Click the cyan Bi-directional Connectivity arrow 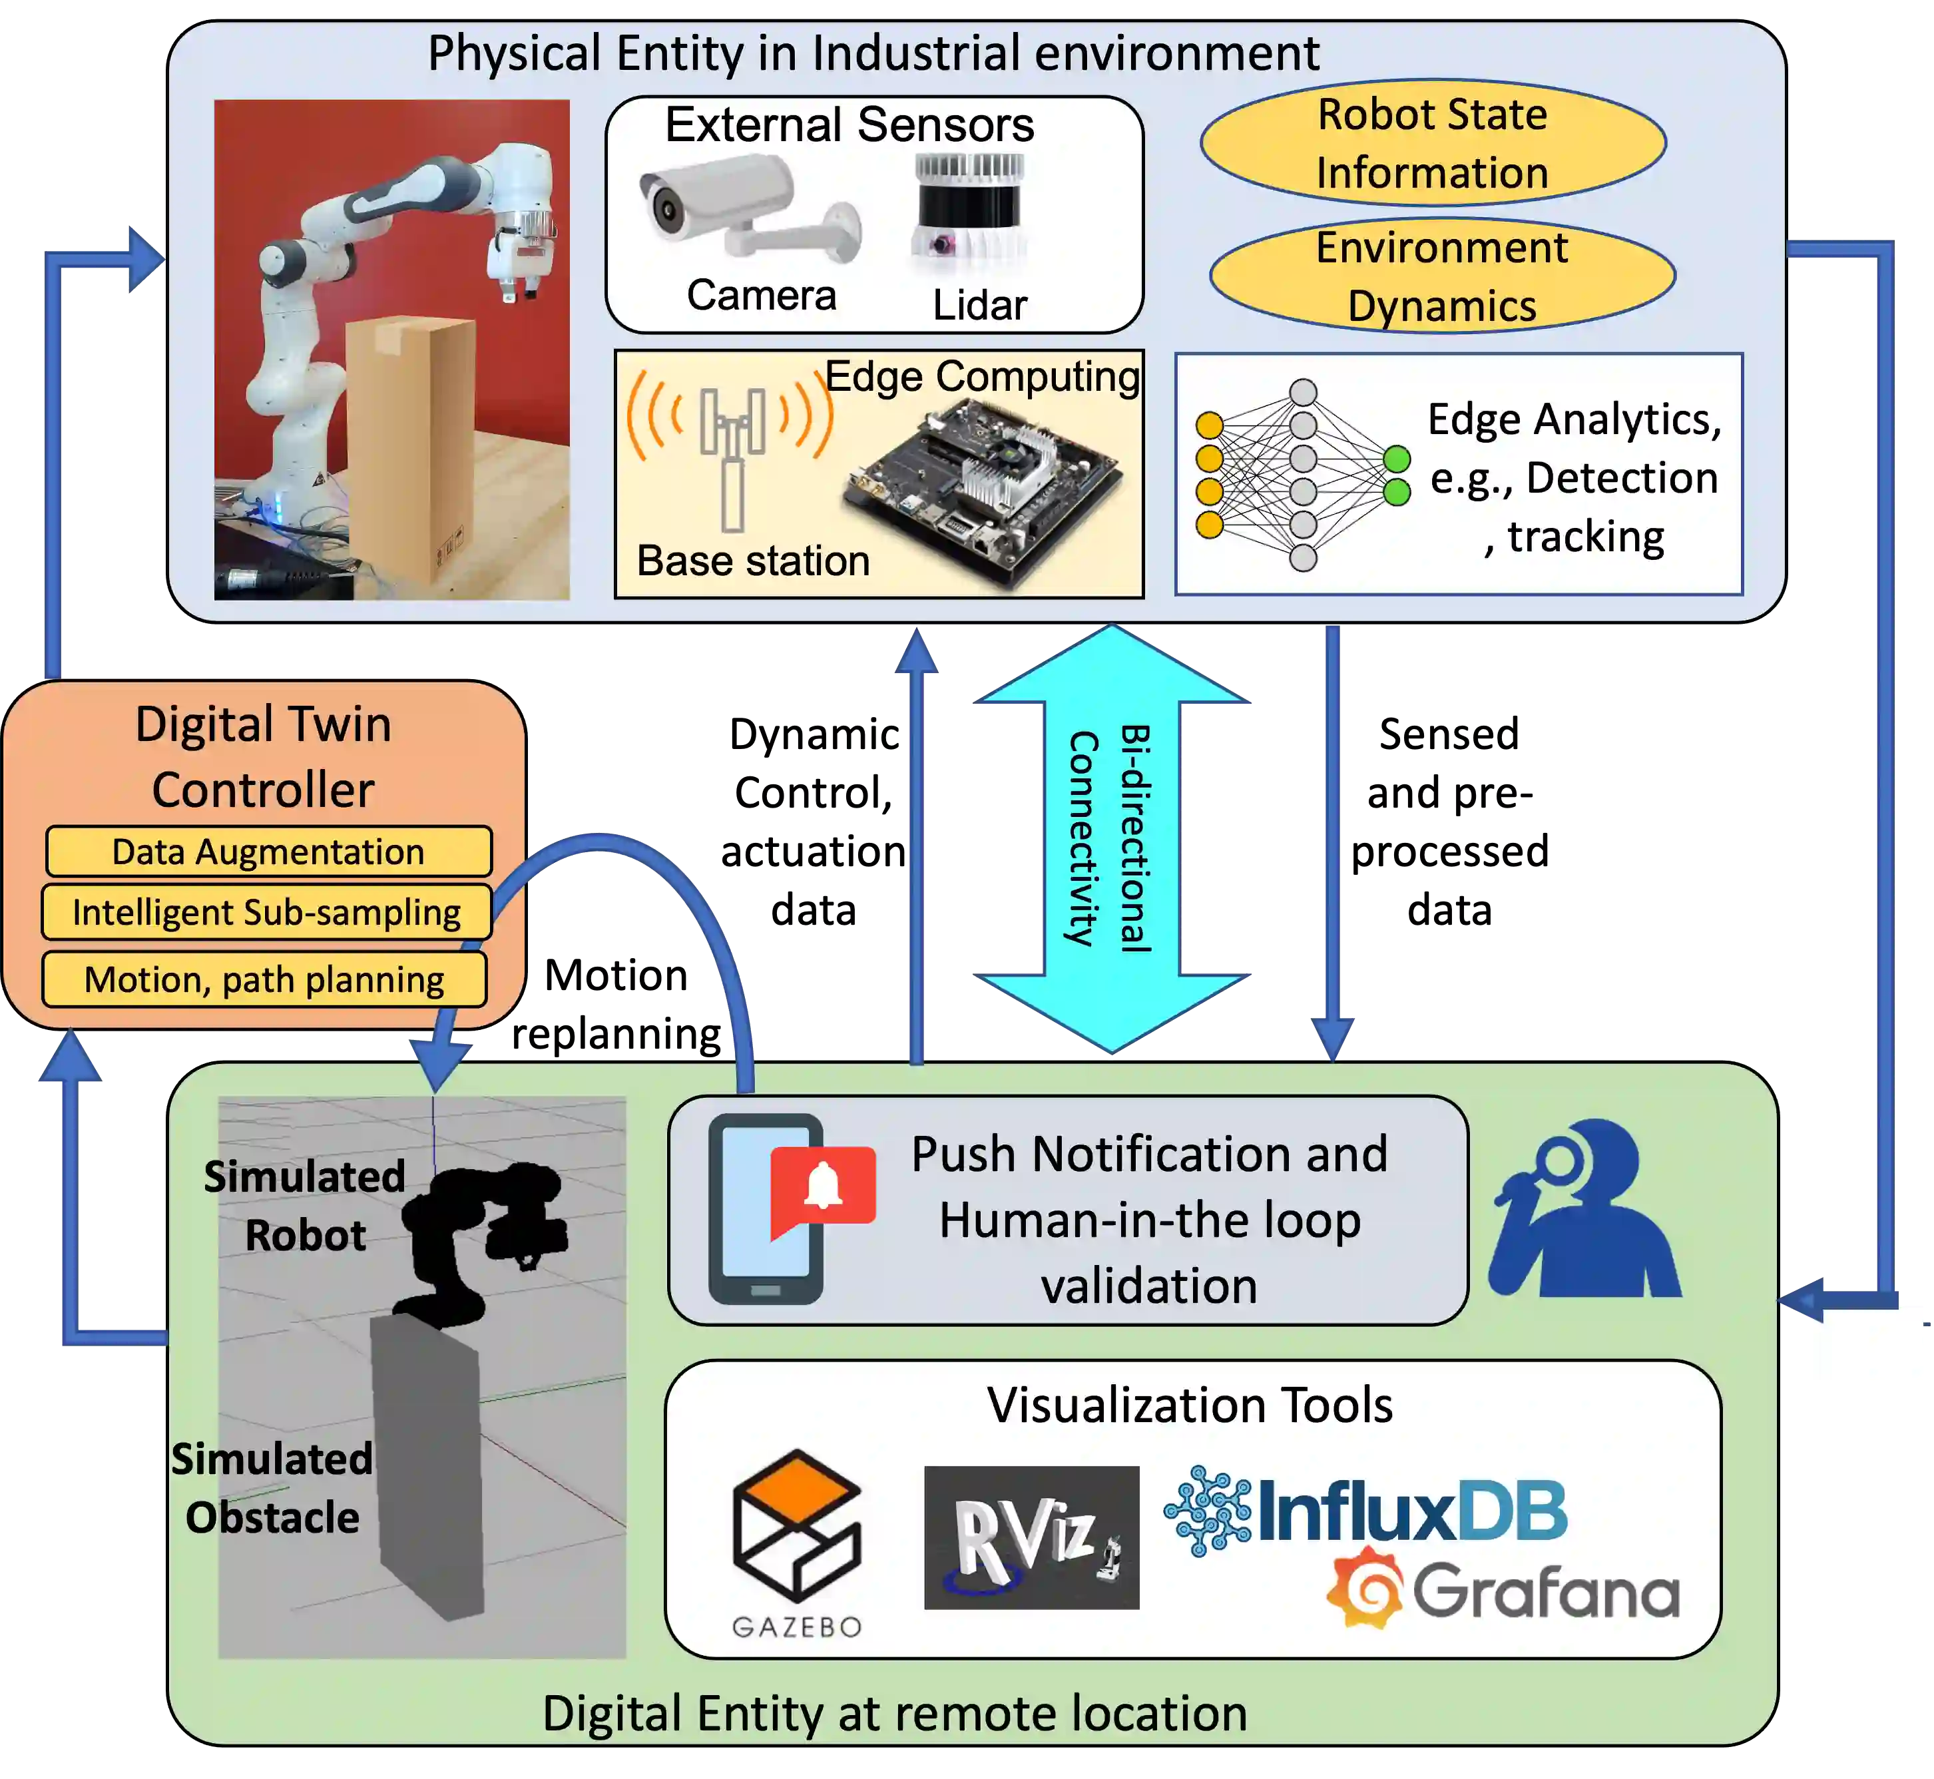pyautogui.click(x=1111, y=838)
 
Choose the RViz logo pyautogui.click(x=1031, y=1537)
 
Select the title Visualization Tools pyautogui.click(x=1190, y=1405)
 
